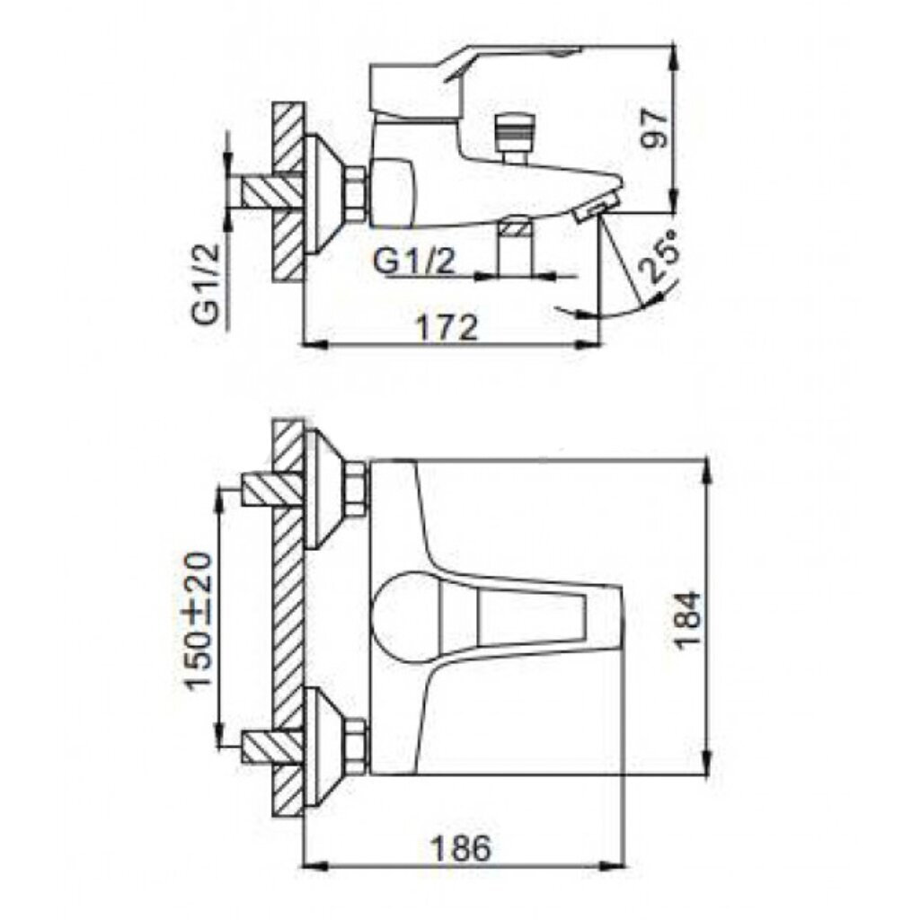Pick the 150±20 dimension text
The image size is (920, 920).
[198, 620]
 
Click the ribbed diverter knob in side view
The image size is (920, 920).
[513, 131]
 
